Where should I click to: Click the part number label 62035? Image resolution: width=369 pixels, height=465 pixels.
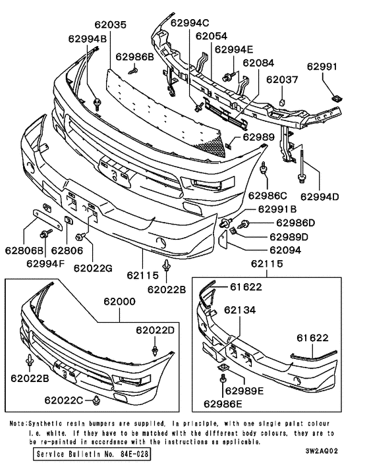[110, 24]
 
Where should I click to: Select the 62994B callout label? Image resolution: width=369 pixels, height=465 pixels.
[87, 39]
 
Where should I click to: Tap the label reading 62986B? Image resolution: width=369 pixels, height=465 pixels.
[134, 57]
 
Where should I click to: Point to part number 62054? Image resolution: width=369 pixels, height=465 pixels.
[212, 36]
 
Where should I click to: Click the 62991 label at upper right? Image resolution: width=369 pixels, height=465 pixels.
[322, 67]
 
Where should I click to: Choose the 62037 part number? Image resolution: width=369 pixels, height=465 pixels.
[282, 80]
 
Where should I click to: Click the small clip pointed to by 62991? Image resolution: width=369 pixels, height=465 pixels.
[336, 98]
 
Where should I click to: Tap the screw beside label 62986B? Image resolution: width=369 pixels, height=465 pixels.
[134, 71]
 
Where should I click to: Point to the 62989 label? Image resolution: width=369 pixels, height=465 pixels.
[259, 137]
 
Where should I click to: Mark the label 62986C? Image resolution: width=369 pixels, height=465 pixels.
[268, 196]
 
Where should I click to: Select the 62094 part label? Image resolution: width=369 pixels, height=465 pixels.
[285, 250]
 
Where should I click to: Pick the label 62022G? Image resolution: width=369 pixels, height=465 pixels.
[93, 268]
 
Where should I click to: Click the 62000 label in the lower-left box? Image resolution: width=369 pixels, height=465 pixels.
[119, 302]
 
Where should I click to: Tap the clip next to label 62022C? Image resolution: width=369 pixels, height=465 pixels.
[96, 400]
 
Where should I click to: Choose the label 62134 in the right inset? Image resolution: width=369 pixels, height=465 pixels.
[240, 310]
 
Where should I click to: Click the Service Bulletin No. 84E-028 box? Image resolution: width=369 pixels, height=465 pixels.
[92, 454]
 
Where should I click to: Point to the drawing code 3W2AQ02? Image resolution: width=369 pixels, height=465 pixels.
[322, 451]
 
